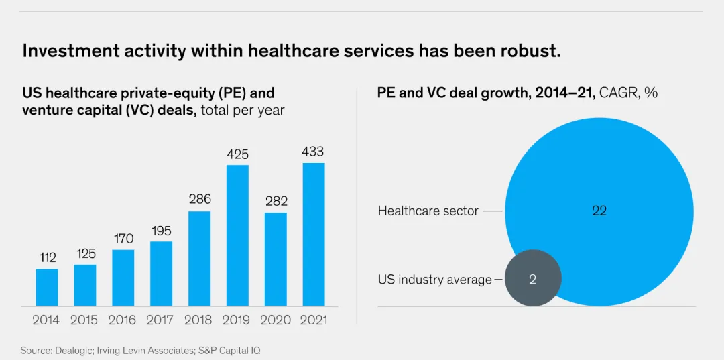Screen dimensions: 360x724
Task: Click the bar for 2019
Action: coord(237,235)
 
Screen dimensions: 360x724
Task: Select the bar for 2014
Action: coord(47,288)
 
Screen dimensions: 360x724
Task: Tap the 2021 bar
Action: coord(314,234)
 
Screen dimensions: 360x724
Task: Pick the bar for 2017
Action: coord(161,274)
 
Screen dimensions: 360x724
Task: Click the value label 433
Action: coord(313,152)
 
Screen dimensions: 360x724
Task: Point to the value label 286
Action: coord(199,199)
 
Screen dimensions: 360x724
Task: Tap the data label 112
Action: coord(47,257)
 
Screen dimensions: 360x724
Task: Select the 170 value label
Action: coord(123,239)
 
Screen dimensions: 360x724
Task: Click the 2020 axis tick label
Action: coord(276,320)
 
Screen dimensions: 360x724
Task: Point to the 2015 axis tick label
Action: coord(84,320)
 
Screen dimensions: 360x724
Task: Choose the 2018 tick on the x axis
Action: coord(199,320)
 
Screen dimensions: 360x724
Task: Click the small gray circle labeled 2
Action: coord(532,278)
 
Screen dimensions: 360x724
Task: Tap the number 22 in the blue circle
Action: coord(599,211)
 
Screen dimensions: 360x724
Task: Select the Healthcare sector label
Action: coord(428,211)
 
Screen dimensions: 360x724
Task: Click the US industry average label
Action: coord(434,280)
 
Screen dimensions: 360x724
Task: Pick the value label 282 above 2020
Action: coord(276,200)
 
